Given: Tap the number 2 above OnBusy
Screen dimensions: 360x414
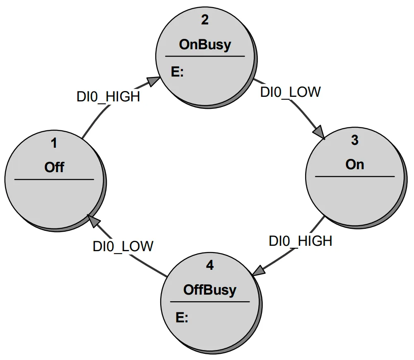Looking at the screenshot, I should click(x=205, y=20).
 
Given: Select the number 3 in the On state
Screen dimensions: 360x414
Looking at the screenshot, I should click(x=355, y=140).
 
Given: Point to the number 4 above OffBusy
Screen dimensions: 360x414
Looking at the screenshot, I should click(x=210, y=265).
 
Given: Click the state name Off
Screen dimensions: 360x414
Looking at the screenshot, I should click(x=54, y=167).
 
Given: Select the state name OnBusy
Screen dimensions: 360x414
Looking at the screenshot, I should click(x=205, y=45).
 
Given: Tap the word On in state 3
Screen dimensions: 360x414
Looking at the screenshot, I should click(x=355, y=164).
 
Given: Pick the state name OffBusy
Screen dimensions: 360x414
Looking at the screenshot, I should click(x=210, y=290).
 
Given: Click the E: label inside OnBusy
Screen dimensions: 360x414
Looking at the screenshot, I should click(x=177, y=72).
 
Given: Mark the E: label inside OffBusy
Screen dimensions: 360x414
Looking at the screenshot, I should click(x=182, y=317).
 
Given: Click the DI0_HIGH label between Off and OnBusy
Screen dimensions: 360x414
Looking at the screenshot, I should click(x=108, y=96).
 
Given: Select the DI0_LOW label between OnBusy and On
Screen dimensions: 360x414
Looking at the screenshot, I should click(x=290, y=92).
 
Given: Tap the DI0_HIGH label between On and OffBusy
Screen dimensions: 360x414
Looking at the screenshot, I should click(x=301, y=241).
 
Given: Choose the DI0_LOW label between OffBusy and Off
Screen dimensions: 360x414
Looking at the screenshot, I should click(x=123, y=246).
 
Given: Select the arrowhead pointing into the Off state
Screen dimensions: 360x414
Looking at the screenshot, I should click(x=93, y=221).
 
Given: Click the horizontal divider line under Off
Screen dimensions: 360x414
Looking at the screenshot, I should click(x=54, y=180).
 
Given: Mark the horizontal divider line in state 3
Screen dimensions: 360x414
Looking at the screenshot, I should click(x=355, y=177).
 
